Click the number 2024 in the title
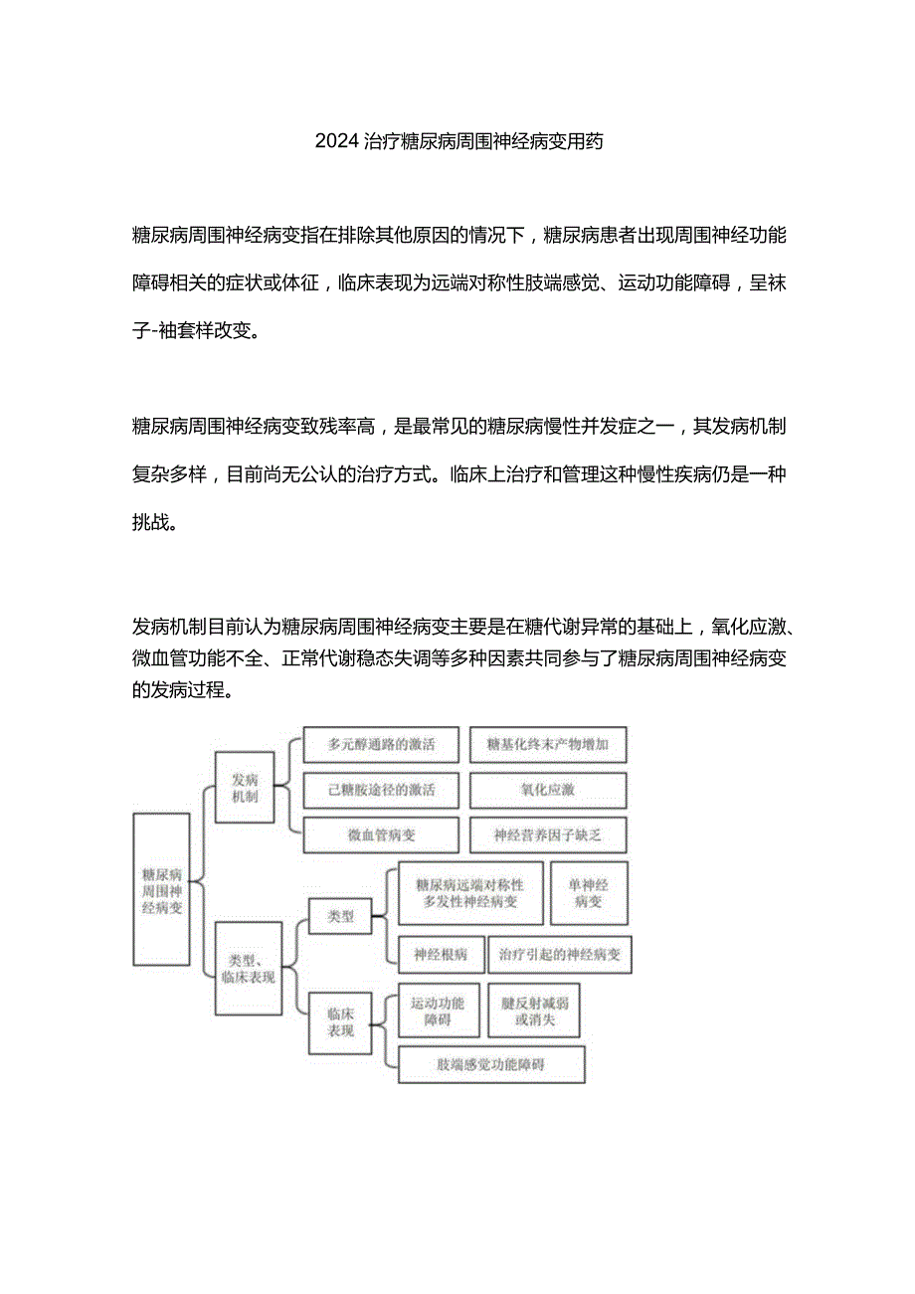336,140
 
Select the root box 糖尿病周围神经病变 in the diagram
161,889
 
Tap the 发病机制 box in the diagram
244,788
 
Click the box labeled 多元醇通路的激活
381,744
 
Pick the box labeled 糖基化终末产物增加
547,744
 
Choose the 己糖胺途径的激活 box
381,790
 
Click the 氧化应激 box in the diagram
547,790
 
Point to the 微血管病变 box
381,835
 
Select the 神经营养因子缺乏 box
547,835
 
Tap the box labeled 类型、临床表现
249,968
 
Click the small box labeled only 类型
340,916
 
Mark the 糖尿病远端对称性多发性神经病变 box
470,892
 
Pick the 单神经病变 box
589,892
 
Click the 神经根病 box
441,954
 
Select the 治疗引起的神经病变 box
560,954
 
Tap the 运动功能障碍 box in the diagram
438,1011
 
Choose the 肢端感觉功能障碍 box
491,1064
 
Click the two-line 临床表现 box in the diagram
340,1021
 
